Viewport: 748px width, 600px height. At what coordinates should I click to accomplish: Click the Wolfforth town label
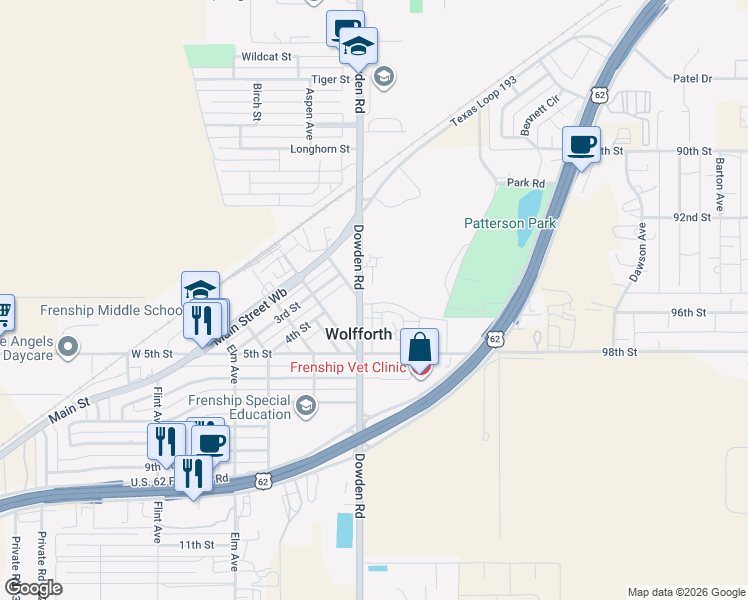[x=359, y=333]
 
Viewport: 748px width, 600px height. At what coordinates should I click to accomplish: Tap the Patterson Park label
[x=510, y=223]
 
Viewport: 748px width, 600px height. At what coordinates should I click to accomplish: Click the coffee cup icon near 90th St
[x=581, y=145]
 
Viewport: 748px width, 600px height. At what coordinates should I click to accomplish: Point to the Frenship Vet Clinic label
[x=348, y=367]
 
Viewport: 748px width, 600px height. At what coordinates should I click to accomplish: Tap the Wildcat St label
[x=265, y=57]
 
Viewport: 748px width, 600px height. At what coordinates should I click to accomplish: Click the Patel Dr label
[x=692, y=78]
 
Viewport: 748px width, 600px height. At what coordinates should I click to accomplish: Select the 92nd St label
[x=691, y=216]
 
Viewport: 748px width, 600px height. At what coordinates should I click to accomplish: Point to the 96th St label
[x=689, y=312]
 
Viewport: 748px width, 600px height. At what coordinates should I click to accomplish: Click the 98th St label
[x=619, y=353]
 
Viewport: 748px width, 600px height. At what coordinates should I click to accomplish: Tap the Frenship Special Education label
[x=239, y=407]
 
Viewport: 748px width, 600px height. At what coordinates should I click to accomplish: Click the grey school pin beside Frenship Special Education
[x=307, y=405]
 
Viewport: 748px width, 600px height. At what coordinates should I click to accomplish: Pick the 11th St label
[x=197, y=545]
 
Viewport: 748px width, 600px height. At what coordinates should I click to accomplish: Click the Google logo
[x=33, y=588]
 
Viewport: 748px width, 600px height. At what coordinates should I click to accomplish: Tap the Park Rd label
[x=525, y=183]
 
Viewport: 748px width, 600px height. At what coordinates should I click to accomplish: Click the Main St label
[x=69, y=407]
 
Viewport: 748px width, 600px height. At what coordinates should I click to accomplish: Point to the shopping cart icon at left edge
[x=4, y=313]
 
